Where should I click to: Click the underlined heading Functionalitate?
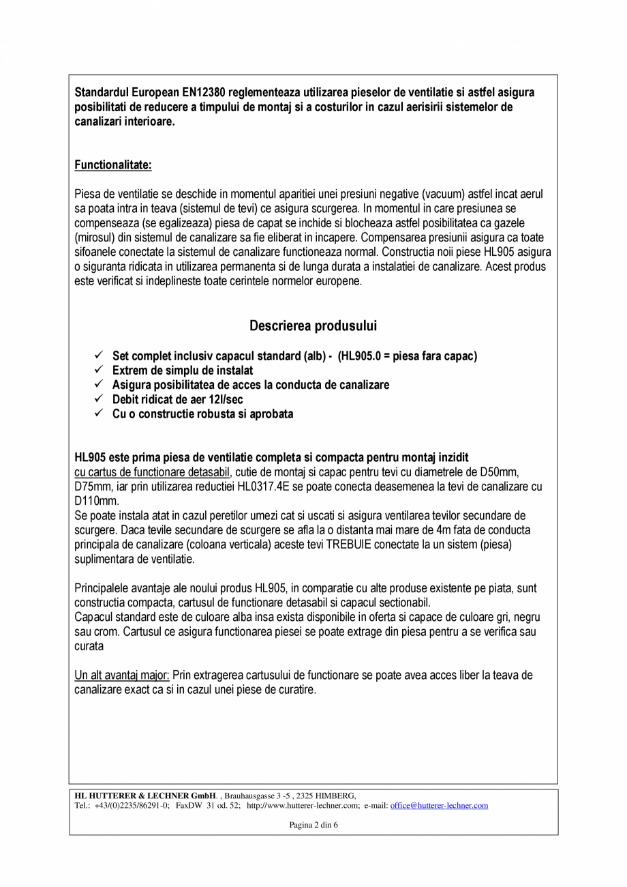113,165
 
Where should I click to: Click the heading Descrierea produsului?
313,325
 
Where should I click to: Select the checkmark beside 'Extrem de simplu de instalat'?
99,370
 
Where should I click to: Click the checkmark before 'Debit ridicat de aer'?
99,399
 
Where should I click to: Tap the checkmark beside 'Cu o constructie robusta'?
99,413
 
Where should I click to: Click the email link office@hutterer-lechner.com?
439,806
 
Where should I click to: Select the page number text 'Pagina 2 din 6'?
313,825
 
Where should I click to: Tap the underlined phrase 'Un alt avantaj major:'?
122,675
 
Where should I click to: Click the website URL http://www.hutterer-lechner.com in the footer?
303,806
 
